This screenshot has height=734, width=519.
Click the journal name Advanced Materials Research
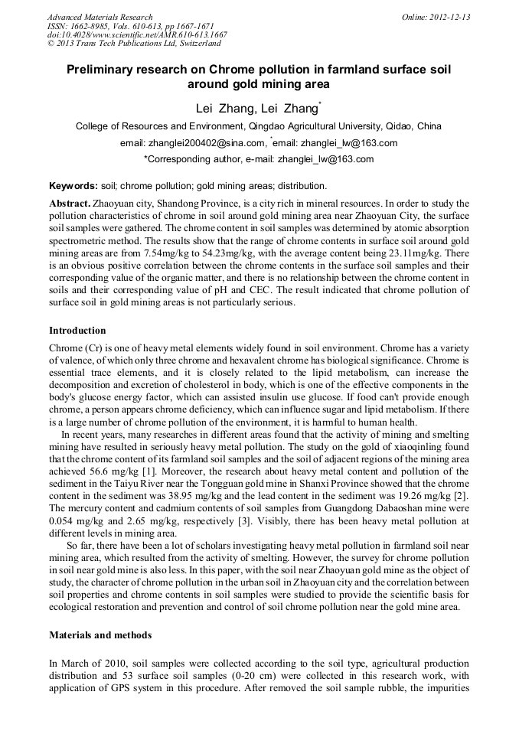click(x=100, y=17)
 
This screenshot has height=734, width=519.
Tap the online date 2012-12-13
click(x=451, y=17)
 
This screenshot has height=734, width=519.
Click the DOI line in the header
click(x=137, y=34)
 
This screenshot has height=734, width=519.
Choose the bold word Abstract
click(x=70, y=204)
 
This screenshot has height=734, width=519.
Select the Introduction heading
click(x=77, y=331)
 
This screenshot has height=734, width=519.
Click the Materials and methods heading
click(x=100, y=635)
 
